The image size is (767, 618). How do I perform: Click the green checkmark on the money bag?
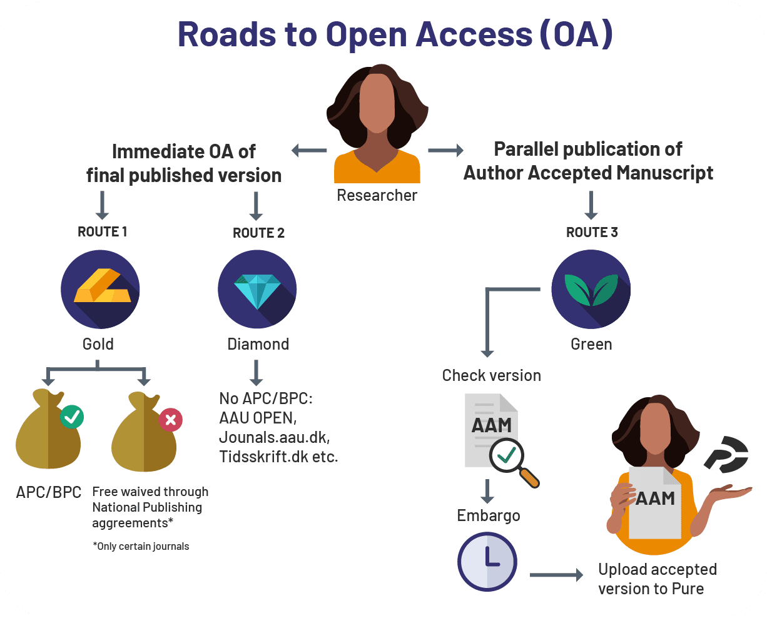coord(72,417)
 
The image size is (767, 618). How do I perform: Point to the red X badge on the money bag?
coord(170,419)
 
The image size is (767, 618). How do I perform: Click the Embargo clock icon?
coord(487,561)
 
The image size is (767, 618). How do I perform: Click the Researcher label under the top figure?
coord(377,196)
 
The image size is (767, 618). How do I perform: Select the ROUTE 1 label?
coord(102,232)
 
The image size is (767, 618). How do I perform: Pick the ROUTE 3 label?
coord(592,233)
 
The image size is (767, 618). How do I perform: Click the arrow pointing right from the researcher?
coord(445,150)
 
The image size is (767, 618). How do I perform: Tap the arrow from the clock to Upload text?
coord(556,575)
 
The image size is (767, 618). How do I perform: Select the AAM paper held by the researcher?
coord(654,503)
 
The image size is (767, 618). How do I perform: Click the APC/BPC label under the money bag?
coord(49,492)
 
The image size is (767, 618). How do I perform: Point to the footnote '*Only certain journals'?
coord(141,546)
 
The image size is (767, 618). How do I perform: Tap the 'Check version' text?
coord(491,375)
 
